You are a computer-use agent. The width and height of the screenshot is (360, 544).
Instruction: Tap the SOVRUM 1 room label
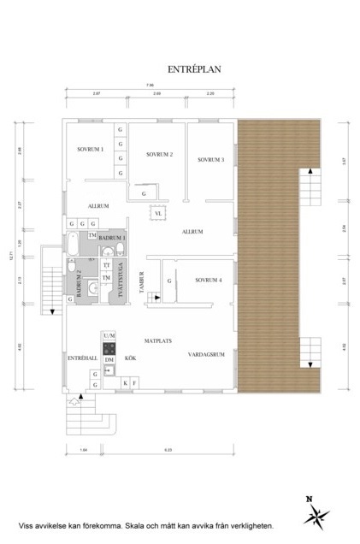tap(90, 150)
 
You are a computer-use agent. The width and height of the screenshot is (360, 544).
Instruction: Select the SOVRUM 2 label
tap(159, 155)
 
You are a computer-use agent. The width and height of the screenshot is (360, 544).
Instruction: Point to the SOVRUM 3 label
tap(210, 160)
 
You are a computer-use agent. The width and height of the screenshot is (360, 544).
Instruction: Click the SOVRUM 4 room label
tap(208, 280)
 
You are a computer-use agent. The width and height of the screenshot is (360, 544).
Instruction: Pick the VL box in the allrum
tap(158, 213)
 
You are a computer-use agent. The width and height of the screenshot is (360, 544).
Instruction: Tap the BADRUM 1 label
tap(112, 237)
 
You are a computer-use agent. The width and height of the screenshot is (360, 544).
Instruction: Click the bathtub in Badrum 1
tap(74, 245)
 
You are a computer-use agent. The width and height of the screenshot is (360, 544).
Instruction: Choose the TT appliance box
tap(107, 266)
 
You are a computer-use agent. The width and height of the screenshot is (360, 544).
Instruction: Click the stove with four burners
tap(109, 349)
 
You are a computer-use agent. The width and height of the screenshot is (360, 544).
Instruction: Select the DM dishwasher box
tap(109, 361)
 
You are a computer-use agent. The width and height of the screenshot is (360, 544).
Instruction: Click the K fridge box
tap(125, 383)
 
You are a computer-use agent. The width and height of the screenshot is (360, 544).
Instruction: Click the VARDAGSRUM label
tap(206, 353)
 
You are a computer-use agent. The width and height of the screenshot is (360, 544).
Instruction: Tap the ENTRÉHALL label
tap(80, 359)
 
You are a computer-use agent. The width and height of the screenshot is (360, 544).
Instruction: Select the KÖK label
tap(131, 359)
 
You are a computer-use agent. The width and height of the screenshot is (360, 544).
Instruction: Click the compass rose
tap(317, 512)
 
